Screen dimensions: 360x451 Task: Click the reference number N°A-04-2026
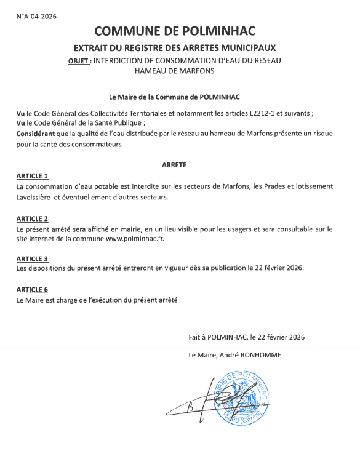point(37,16)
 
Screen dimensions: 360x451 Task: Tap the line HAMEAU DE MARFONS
point(175,71)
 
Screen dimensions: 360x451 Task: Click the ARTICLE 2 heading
point(32,218)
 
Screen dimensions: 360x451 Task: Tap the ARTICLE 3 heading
point(32,258)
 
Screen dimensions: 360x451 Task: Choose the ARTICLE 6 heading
point(32,289)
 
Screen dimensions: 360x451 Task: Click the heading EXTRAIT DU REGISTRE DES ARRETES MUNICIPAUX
point(175,47)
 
